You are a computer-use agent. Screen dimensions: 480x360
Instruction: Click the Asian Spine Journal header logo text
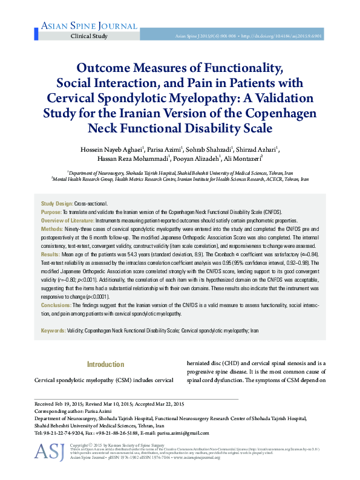(74, 25)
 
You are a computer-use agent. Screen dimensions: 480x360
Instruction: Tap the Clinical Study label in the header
(90, 36)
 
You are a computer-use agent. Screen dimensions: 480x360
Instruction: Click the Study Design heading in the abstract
(56, 206)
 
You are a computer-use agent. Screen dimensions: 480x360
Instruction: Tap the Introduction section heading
(105, 365)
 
